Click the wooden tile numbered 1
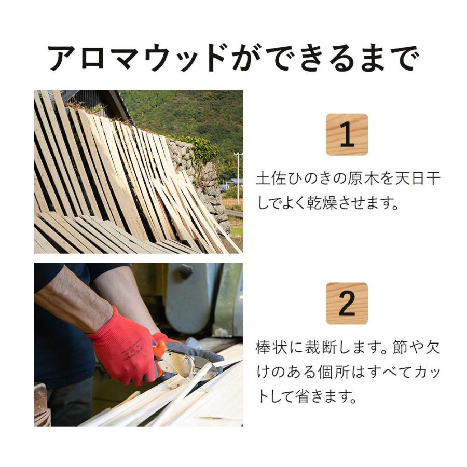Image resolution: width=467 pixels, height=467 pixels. click(x=347, y=134)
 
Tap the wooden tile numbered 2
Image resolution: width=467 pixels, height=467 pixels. click(x=347, y=304)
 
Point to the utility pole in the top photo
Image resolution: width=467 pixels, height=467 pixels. click(x=238, y=176)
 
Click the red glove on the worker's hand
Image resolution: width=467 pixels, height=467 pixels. click(x=122, y=345)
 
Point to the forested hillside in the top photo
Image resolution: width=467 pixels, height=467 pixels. click(x=182, y=112)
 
